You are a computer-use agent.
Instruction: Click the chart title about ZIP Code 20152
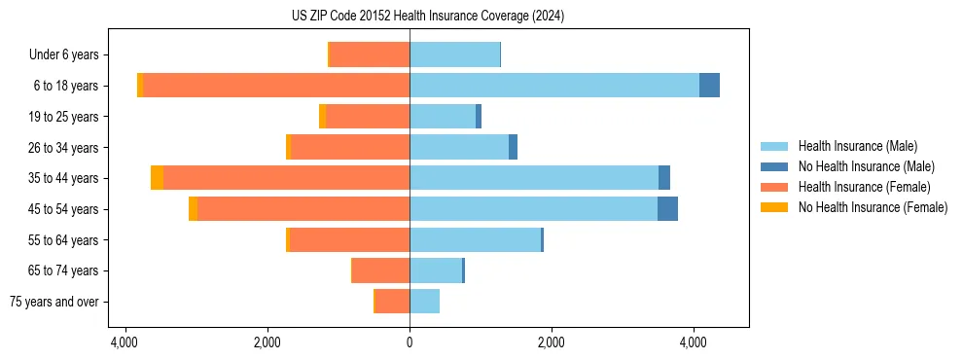[x=428, y=17]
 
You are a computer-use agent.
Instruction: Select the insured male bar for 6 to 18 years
[x=554, y=86]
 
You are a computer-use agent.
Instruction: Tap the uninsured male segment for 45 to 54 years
[x=667, y=209]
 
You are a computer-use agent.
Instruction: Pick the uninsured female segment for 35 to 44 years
[x=157, y=178]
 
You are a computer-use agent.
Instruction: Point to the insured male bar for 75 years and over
[x=424, y=302]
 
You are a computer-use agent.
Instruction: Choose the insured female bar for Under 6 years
[x=370, y=54]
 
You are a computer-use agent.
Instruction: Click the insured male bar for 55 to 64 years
[x=475, y=240]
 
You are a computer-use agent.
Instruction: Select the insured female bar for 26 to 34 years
[x=350, y=147]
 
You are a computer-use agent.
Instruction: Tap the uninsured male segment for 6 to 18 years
[x=709, y=86]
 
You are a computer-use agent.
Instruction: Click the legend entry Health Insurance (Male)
[x=857, y=146]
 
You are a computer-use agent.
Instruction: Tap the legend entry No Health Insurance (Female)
[x=873, y=207]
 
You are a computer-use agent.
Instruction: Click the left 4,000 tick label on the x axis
[x=125, y=342]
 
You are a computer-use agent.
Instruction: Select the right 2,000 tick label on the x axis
[x=552, y=342]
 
